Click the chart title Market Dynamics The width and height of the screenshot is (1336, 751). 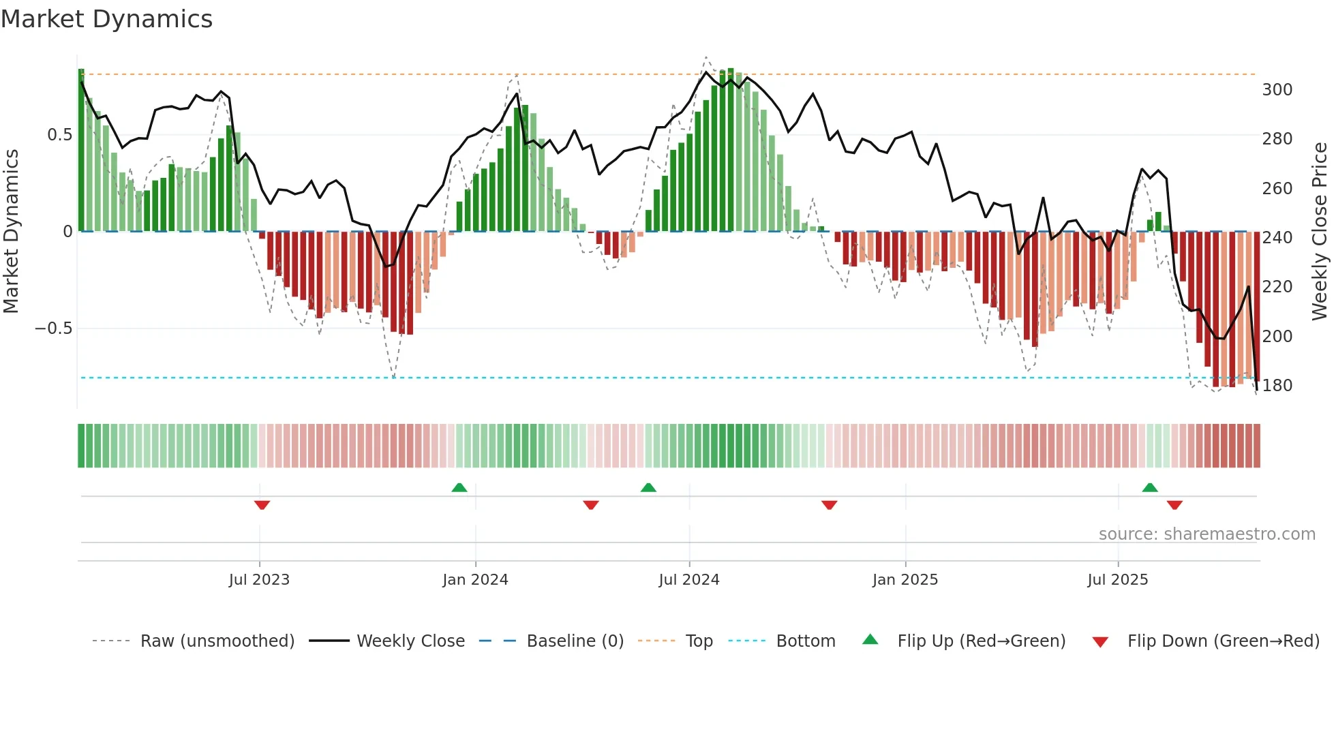click(x=106, y=19)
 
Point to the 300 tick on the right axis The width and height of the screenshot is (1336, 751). click(x=1277, y=90)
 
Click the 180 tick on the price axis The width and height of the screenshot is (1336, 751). click(x=1277, y=386)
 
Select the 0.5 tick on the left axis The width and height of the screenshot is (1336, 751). click(x=59, y=135)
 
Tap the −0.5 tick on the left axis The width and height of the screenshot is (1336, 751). click(x=53, y=328)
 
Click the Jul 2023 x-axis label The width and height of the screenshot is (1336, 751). click(x=259, y=580)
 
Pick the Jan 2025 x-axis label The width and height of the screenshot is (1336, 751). click(x=905, y=580)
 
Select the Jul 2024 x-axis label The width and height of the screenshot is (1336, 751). click(x=688, y=580)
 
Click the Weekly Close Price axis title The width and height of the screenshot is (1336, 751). click(x=1320, y=232)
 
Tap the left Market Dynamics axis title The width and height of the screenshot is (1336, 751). click(x=11, y=232)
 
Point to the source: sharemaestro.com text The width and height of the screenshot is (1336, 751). click(x=1206, y=534)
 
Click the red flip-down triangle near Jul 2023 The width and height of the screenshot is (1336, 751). click(x=262, y=505)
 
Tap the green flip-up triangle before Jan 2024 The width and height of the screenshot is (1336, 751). click(x=459, y=487)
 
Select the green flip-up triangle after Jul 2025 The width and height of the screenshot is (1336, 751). click(x=1150, y=487)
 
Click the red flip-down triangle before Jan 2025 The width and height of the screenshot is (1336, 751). click(x=829, y=505)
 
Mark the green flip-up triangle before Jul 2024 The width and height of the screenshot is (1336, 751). click(x=648, y=487)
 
